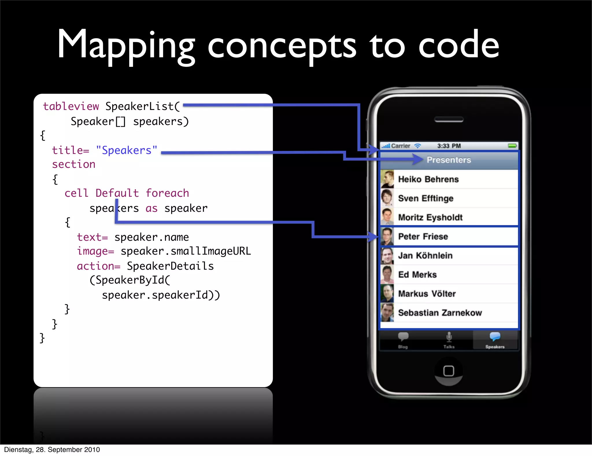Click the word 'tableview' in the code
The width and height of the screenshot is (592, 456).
(71, 106)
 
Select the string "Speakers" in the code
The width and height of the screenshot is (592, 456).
(127, 150)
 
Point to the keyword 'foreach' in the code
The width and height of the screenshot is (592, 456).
(167, 193)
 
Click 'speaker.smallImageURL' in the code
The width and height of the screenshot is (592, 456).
(186, 251)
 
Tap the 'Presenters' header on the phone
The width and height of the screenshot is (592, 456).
(449, 160)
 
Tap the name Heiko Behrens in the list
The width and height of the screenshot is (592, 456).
(428, 179)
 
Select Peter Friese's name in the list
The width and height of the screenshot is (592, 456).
(423, 237)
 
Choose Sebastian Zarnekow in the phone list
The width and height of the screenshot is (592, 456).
(440, 313)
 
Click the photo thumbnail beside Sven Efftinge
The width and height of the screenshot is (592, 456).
(387, 198)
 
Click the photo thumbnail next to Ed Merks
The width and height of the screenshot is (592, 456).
(387, 275)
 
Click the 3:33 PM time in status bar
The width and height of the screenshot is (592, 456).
(449, 146)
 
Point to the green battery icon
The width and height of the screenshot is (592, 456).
(512, 146)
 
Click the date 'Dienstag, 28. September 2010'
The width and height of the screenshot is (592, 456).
(52, 450)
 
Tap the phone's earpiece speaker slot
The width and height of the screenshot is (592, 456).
(449, 119)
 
